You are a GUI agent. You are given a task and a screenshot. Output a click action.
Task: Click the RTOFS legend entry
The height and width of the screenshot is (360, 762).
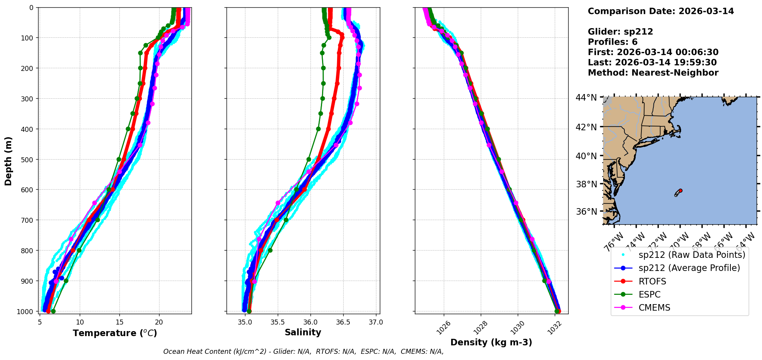pyautogui.click(x=652, y=281)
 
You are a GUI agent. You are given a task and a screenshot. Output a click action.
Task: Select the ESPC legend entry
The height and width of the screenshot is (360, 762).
pyautogui.click(x=649, y=294)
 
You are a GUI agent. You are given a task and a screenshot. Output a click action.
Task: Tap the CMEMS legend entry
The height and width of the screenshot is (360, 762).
pyautogui.click(x=654, y=308)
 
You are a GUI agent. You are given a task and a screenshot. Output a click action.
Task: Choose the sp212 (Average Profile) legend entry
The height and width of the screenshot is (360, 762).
pyautogui.click(x=689, y=268)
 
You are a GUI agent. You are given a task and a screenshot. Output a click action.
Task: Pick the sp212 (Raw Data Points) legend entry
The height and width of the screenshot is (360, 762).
pyautogui.click(x=692, y=255)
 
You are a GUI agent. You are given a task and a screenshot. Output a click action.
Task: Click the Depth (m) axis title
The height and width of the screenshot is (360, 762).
pyautogui.click(x=8, y=161)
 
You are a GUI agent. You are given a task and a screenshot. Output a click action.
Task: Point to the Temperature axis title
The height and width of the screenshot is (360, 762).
pyautogui.click(x=115, y=333)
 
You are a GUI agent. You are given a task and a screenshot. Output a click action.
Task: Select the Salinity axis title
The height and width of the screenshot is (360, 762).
pyautogui.click(x=303, y=332)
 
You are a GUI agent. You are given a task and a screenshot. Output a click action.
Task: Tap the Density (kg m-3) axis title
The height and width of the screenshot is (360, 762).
pyautogui.click(x=491, y=342)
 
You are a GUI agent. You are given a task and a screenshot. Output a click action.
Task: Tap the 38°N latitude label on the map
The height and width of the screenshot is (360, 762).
pyautogui.click(x=586, y=184)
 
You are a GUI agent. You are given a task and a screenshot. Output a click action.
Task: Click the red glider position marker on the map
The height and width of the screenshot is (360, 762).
pyautogui.click(x=680, y=190)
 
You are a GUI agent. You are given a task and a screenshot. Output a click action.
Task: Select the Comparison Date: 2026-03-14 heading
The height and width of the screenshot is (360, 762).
pyautogui.click(x=661, y=11)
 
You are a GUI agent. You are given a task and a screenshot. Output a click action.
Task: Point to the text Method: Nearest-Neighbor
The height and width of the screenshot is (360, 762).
pyautogui.click(x=653, y=73)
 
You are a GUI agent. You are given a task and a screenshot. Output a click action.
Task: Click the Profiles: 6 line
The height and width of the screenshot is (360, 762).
pyautogui.click(x=613, y=42)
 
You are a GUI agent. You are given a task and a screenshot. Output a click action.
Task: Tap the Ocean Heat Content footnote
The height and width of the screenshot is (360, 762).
pyautogui.click(x=303, y=352)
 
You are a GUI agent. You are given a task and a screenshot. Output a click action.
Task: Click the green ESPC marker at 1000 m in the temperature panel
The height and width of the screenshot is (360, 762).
pyautogui.click(x=53, y=311)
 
